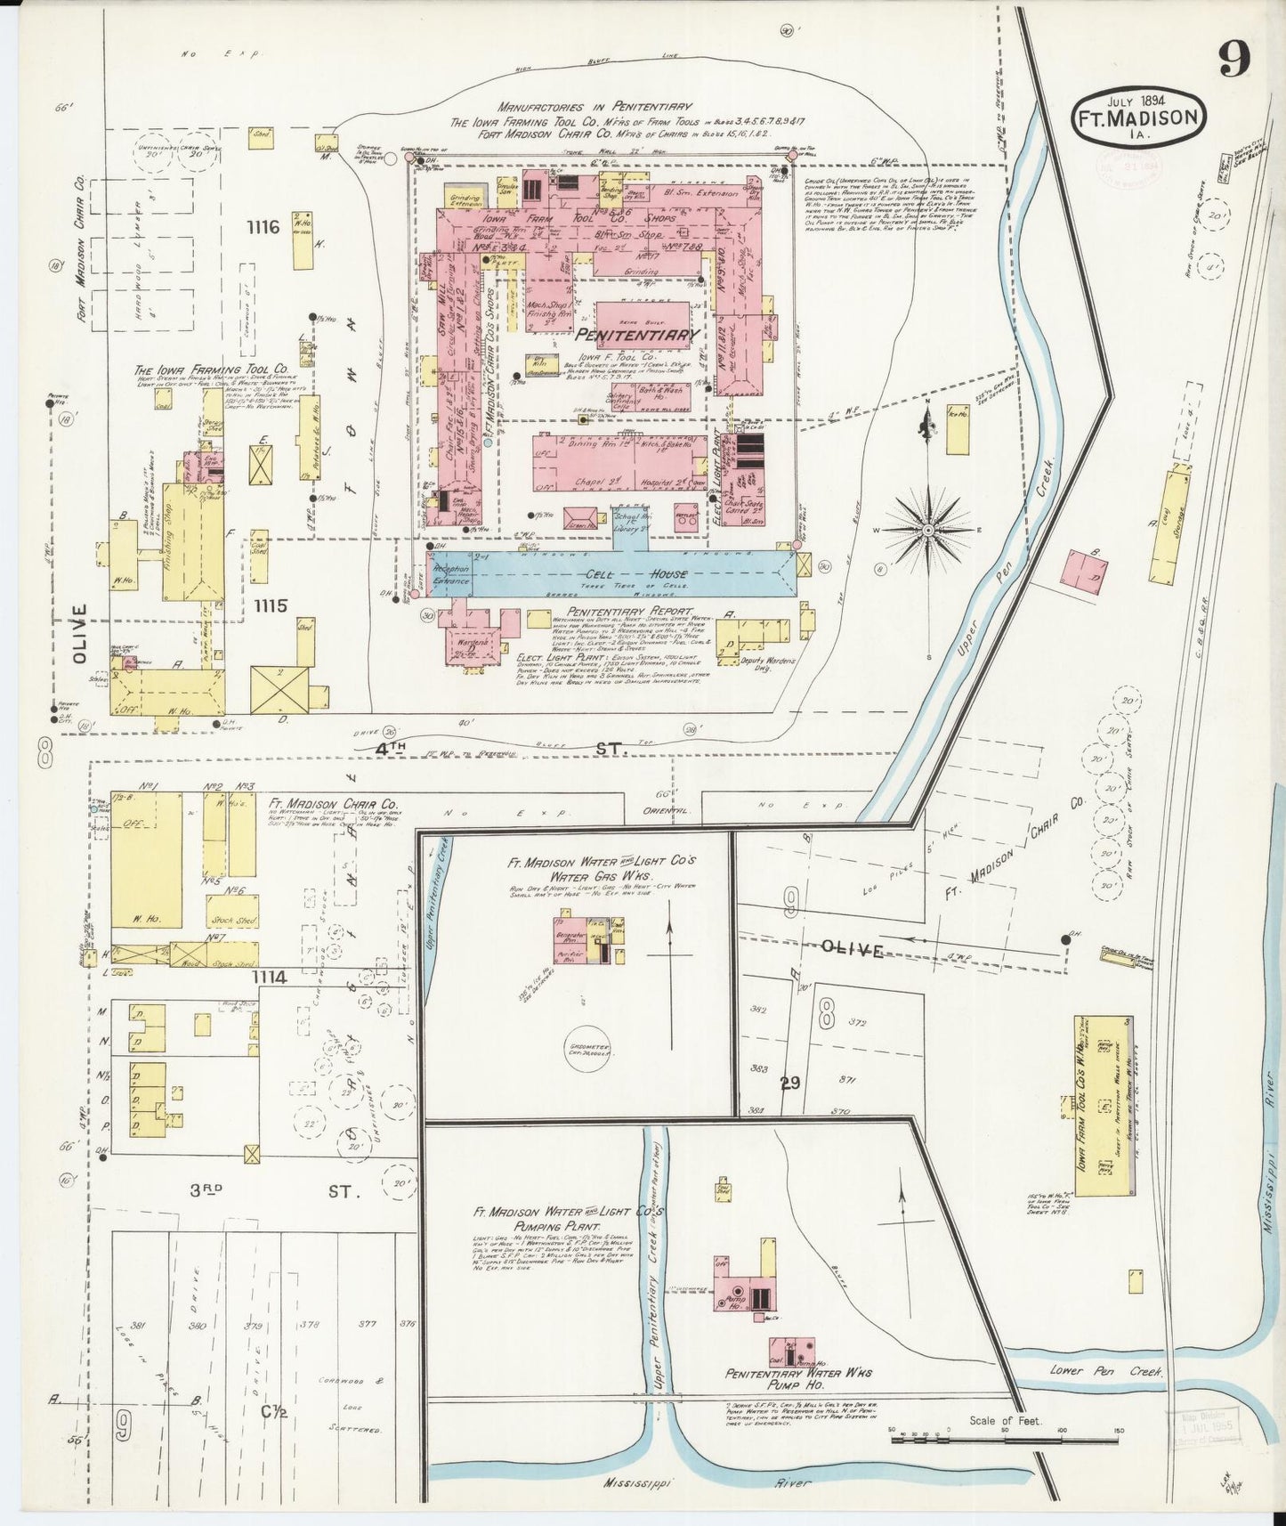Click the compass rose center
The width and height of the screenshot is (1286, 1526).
(x=928, y=530)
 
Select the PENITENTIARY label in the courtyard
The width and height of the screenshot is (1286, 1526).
(x=635, y=336)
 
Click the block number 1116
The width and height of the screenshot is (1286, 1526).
(x=265, y=228)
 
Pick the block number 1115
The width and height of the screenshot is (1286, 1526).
(x=270, y=605)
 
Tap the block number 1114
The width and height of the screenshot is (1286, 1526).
(x=269, y=978)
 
